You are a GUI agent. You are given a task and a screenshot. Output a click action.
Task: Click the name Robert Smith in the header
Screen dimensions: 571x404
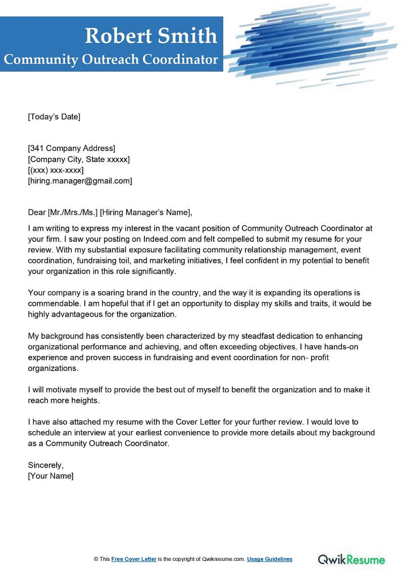pos(151,36)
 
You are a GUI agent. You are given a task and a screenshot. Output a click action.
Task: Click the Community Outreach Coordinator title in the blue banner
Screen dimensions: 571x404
pos(111,60)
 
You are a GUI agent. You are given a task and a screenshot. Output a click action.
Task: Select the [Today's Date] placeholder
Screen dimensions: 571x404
pos(54,117)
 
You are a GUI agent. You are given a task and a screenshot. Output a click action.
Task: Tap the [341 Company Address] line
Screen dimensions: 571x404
pos(71,148)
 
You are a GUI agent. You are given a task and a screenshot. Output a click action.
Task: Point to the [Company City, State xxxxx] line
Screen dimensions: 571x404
pos(79,159)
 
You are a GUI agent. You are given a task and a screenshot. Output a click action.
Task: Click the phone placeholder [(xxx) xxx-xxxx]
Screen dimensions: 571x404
pos(56,170)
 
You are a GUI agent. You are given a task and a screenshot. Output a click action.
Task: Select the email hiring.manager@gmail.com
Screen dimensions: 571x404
pos(80,181)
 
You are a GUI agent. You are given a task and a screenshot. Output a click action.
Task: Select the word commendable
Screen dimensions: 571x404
pos(53,303)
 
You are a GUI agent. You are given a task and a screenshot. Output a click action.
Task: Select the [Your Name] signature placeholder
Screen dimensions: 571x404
pos(50,476)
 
